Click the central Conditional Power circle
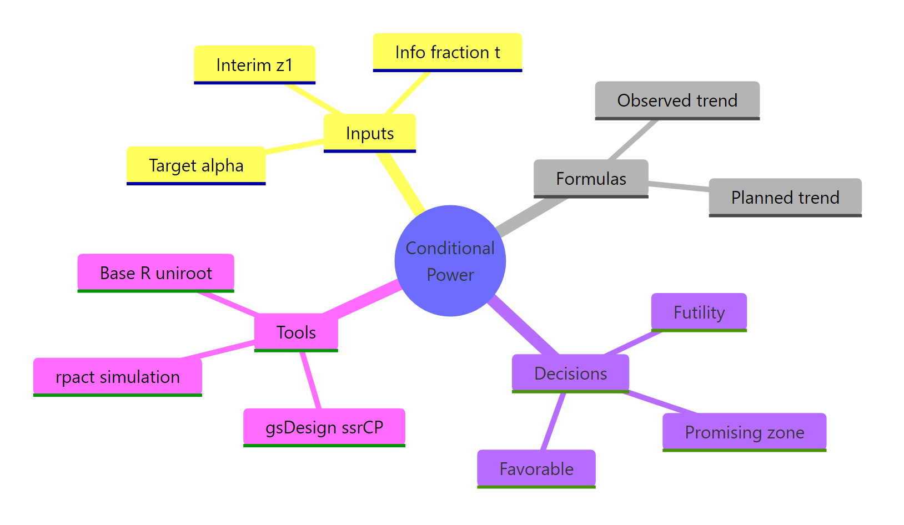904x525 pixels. [450, 261]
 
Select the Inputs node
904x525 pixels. [370, 133]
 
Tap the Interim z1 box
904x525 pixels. [254, 65]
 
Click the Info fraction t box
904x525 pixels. [447, 52]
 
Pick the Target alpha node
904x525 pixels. [196, 165]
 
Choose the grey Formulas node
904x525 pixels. [591, 179]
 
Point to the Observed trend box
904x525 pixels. [677, 100]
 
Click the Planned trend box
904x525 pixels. [785, 198]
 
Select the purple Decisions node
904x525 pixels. [570, 373]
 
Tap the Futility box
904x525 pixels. [699, 312]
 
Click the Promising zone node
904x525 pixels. [744, 432]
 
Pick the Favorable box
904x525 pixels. [536, 469]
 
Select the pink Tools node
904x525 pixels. [296, 332]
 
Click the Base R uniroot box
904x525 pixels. [155, 273]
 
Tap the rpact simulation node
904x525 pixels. [117, 377]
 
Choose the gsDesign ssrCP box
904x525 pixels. [324, 427]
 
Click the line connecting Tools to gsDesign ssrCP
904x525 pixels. [311, 381]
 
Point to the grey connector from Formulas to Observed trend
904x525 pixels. [633, 139]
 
